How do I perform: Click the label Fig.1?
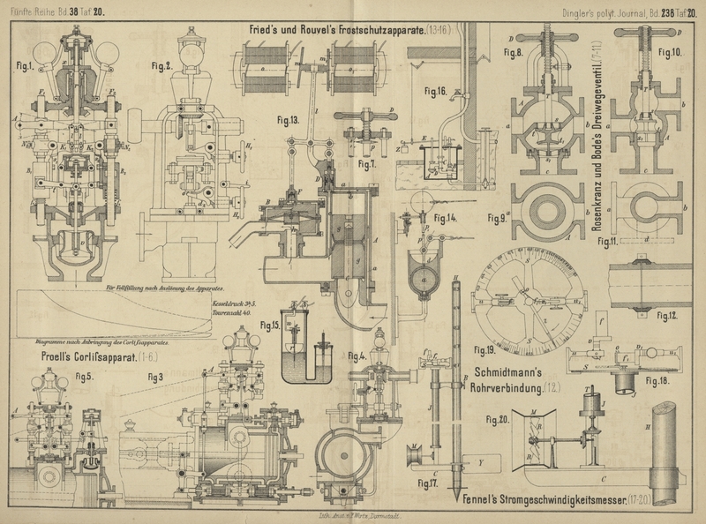coord(23,65)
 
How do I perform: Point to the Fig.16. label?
coord(435,91)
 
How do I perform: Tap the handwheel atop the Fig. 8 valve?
coord(539,41)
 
